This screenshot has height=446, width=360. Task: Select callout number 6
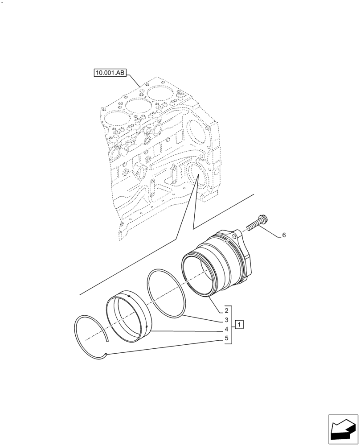[x=283, y=235]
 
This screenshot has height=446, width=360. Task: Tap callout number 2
[x=226, y=310]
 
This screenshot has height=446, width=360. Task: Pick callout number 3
[x=226, y=320]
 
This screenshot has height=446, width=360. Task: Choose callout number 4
[x=226, y=329]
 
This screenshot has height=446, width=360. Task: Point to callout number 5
[x=226, y=339]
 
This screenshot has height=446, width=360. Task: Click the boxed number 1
[x=239, y=324]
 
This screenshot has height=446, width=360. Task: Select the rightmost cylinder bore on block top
[x=161, y=95]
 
